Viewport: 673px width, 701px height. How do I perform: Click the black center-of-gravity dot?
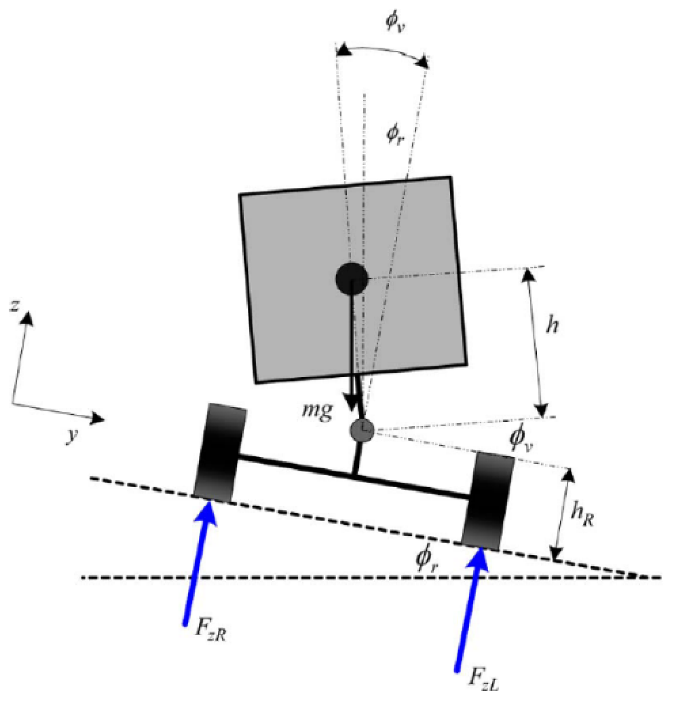click(352, 279)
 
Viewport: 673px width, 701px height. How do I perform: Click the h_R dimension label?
click(582, 514)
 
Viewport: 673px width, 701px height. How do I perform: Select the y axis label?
click(73, 435)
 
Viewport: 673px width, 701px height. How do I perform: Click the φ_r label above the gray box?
click(395, 134)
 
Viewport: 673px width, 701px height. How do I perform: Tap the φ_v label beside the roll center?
click(520, 438)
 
